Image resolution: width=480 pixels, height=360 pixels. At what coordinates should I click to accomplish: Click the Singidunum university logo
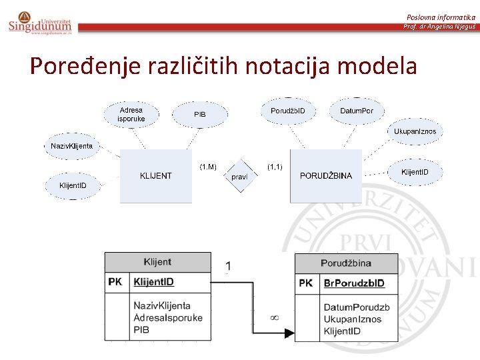point(40,22)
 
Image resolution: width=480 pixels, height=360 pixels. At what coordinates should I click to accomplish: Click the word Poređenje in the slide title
point(73,66)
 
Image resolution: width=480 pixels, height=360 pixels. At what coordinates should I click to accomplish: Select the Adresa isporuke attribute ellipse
point(131,115)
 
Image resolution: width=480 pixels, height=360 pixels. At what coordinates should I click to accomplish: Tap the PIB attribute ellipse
point(200,115)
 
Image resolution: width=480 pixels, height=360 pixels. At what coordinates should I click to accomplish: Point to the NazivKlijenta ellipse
point(72,146)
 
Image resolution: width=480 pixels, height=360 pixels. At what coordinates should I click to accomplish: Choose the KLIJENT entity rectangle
point(155,176)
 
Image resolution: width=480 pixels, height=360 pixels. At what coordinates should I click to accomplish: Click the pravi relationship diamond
point(239,177)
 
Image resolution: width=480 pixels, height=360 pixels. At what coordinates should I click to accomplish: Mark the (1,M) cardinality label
point(208,165)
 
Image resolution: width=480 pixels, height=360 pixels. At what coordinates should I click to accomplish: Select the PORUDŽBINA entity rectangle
point(326,176)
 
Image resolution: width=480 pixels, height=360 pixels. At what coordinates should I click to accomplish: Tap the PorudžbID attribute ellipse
point(288,111)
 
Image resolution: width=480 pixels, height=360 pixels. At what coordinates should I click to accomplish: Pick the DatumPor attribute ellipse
point(357,111)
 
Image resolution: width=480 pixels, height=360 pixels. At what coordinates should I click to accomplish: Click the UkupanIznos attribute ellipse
point(415,131)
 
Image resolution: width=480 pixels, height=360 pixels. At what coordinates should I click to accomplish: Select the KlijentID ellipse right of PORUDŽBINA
point(419,173)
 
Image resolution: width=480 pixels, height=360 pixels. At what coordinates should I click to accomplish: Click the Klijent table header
point(157,262)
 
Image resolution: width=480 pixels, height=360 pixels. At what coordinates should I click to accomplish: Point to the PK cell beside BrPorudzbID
point(306,283)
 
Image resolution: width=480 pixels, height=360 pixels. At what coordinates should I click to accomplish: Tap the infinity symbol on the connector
point(274,317)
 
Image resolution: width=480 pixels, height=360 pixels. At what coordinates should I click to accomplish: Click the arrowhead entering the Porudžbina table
point(291,331)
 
